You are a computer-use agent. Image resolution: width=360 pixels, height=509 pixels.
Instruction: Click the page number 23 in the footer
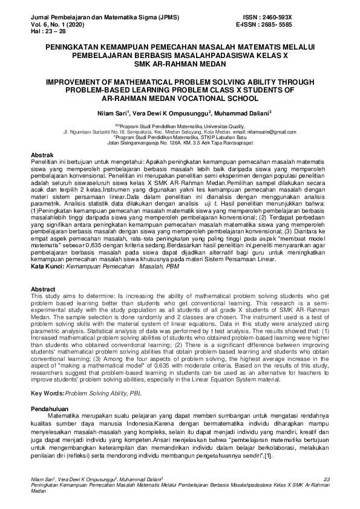pyautogui.click(x=326, y=479)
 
